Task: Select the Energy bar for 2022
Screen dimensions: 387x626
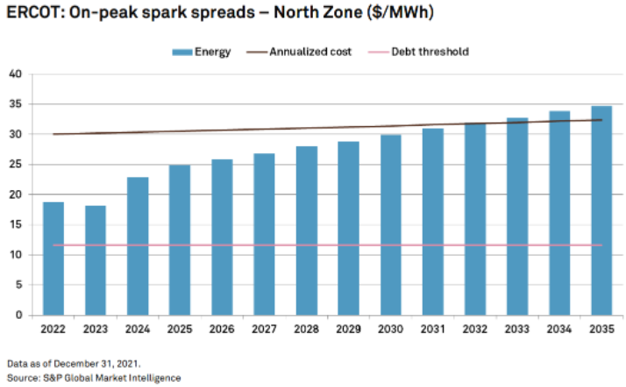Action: pyautogui.click(x=53, y=258)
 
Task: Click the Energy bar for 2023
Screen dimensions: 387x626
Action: pyautogui.click(x=96, y=260)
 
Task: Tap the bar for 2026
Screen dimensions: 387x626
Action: pyautogui.click(x=222, y=236)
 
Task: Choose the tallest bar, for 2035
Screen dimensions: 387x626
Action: pyautogui.click(x=601, y=210)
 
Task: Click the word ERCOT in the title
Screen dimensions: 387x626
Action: pyautogui.click(x=32, y=13)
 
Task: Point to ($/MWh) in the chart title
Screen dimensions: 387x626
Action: pyautogui.click(x=334, y=13)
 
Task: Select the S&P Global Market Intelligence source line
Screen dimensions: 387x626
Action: pyautogui.click(x=93, y=377)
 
